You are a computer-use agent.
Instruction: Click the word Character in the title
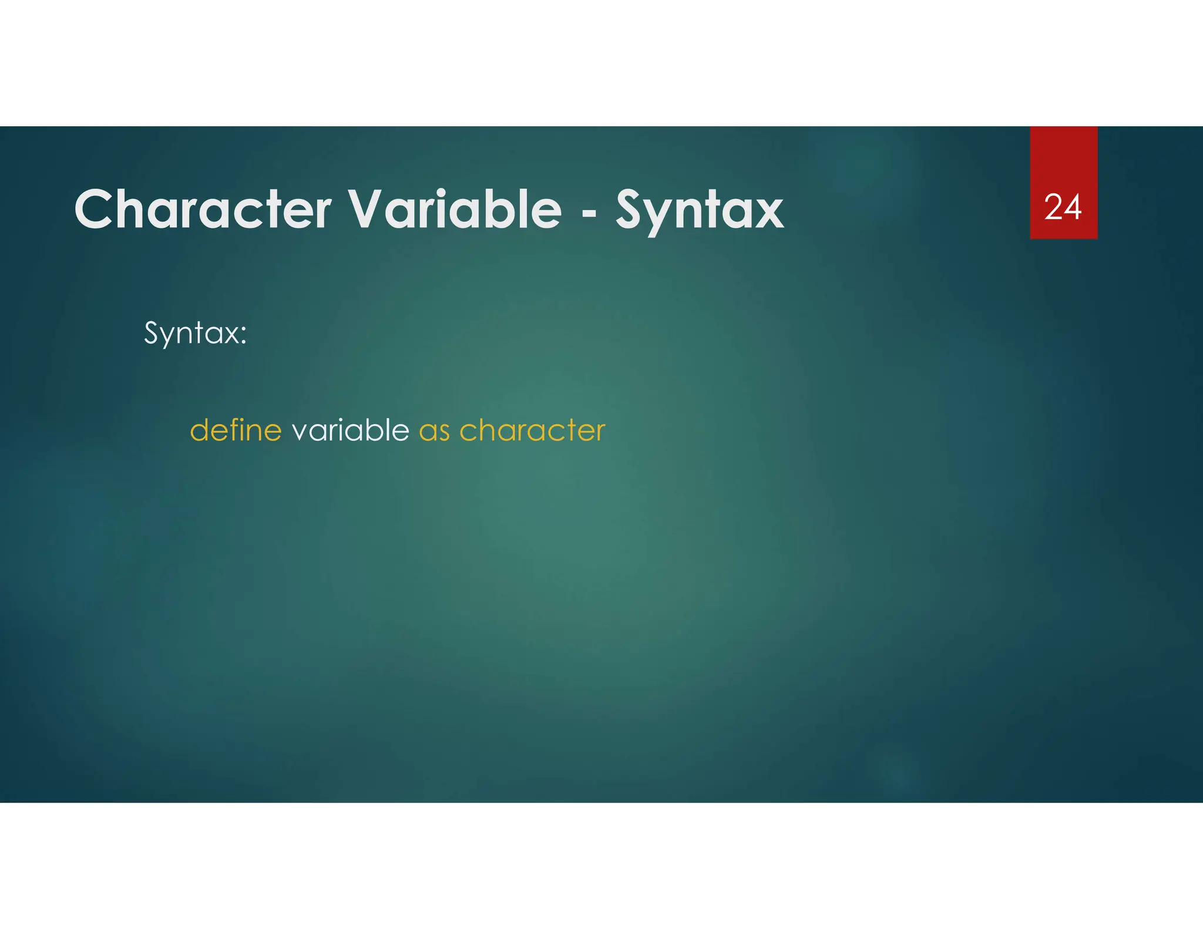pyautogui.click(x=203, y=210)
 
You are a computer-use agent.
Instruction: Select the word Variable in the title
pyautogui.click(x=455, y=210)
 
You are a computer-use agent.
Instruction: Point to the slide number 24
pyautogui.click(x=1063, y=207)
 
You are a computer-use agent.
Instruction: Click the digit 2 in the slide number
pyautogui.click(x=1053, y=207)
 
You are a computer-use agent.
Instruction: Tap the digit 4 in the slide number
pyautogui.click(x=1073, y=207)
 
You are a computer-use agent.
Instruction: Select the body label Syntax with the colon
pyautogui.click(x=195, y=334)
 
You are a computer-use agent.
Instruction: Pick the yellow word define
pyautogui.click(x=236, y=430)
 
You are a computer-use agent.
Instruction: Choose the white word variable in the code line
pyautogui.click(x=350, y=430)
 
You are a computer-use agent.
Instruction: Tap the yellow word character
pyautogui.click(x=532, y=432)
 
